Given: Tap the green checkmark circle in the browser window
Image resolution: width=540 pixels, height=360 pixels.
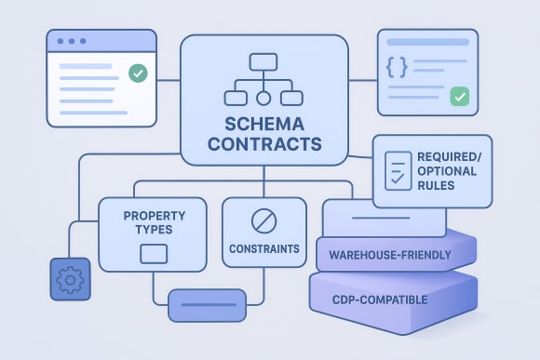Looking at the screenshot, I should click(138, 73).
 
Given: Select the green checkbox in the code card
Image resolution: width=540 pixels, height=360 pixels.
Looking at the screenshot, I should click(458, 96).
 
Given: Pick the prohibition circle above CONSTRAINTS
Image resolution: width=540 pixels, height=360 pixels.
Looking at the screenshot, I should click(264, 221).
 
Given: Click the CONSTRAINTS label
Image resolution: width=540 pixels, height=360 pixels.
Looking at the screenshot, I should click(264, 249).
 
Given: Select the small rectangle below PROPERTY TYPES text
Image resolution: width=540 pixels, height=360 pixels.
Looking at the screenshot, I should click(153, 252).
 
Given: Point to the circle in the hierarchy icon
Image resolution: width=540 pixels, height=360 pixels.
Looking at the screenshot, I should click(263, 97).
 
